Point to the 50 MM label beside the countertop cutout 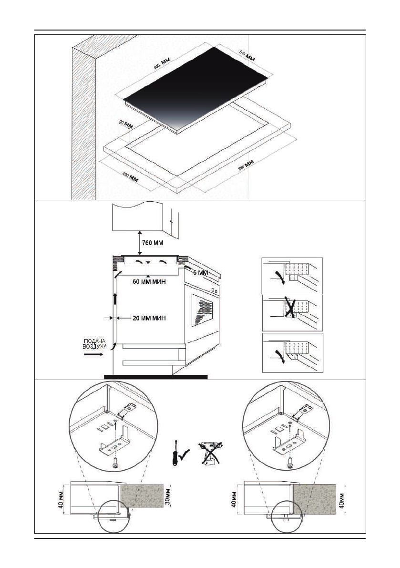point(125,124)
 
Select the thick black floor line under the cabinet point(155,376)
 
